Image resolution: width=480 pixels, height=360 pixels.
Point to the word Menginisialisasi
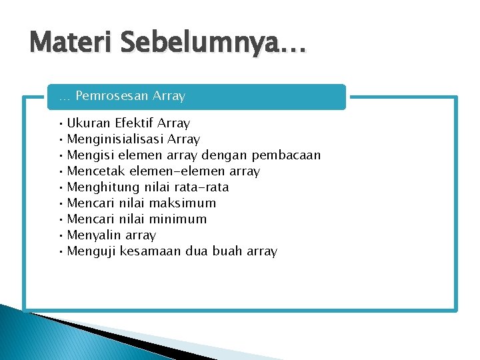pos(115,139)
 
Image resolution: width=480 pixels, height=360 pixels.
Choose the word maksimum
pos(183,203)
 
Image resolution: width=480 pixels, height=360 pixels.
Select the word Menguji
pos(89,251)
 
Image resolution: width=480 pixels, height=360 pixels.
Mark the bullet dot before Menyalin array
pos(61,235)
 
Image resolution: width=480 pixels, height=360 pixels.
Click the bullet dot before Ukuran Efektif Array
pos(61,123)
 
